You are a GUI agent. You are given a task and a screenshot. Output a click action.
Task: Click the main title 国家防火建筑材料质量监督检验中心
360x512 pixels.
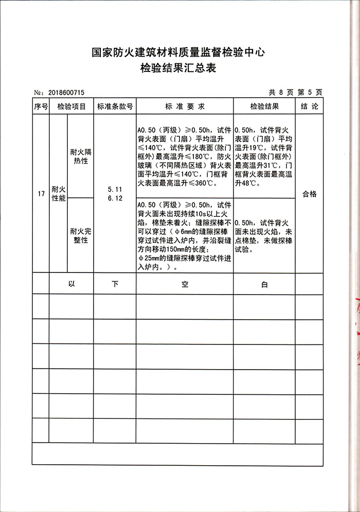178,52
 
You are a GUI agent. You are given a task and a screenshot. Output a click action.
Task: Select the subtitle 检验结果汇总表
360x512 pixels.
178,68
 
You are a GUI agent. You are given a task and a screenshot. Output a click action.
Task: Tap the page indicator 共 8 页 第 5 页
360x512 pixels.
295,93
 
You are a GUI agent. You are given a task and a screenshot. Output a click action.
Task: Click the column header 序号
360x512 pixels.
41,107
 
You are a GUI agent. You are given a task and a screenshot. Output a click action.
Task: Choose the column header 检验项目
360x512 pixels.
71,107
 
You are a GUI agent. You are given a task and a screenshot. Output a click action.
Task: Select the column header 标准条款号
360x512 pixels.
115,107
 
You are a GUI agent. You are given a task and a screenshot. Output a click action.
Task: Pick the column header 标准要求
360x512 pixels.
185,107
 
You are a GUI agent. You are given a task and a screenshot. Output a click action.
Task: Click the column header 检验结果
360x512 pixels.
264,107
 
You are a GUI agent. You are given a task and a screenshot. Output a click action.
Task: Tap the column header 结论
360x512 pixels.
310,107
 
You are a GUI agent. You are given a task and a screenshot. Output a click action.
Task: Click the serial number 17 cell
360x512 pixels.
41,194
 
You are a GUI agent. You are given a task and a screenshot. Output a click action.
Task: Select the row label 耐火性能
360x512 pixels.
59,194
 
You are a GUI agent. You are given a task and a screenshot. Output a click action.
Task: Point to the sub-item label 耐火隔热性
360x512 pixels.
80,156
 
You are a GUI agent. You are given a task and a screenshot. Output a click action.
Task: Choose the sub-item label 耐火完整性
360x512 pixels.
80,235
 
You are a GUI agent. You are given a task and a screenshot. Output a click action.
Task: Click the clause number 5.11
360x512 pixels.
115,189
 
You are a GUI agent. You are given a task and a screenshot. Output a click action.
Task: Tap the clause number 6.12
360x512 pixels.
115,198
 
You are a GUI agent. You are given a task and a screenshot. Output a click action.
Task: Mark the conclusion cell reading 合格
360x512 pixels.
310,194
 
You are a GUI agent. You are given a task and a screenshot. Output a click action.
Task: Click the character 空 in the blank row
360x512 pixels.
185,284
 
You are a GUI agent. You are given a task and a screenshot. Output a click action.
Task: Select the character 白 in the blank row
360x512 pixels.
264,284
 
